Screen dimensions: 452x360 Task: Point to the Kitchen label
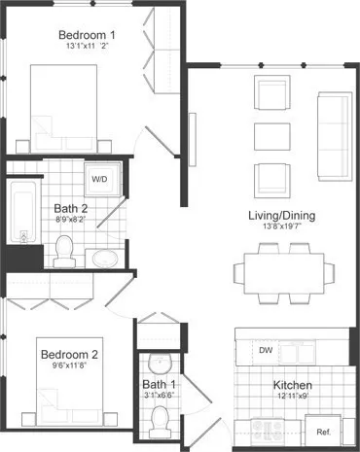pos(291,385)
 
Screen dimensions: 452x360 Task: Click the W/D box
pos(100,181)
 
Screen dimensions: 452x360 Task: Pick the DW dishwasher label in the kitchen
pos(265,350)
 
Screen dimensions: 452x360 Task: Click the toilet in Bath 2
pos(64,252)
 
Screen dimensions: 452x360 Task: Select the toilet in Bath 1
pos(162,420)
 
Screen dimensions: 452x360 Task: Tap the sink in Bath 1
pos(162,363)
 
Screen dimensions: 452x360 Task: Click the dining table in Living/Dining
pos(285,269)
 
